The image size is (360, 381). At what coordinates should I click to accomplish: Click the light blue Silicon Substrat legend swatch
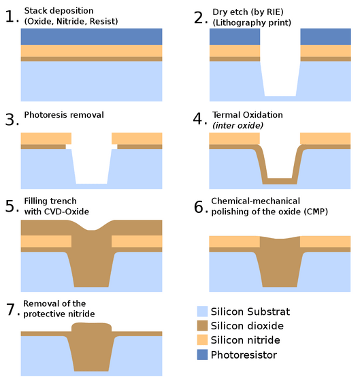click(202, 312)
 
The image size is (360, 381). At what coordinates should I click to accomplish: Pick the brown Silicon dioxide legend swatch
click(202, 326)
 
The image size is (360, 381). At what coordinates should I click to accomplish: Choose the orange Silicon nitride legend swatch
click(202, 339)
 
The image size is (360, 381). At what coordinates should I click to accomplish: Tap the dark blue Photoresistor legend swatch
click(202, 354)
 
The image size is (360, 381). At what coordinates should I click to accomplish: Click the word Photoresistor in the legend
click(244, 355)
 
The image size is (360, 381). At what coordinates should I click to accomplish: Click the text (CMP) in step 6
click(316, 212)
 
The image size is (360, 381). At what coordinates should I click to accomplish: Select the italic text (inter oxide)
click(238, 126)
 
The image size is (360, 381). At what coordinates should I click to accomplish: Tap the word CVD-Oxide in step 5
click(67, 212)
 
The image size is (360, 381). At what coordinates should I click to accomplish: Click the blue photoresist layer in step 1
click(91, 37)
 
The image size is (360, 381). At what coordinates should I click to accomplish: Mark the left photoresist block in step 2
click(235, 37)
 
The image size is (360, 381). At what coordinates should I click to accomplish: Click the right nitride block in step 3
click(137, 139)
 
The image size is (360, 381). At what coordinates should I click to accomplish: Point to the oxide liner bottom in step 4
click(280, 181)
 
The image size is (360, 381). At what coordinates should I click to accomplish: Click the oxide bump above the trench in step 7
click(91, 327)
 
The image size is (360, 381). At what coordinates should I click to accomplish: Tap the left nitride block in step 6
click(235, 242)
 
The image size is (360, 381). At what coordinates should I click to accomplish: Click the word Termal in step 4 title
click(225, 115)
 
